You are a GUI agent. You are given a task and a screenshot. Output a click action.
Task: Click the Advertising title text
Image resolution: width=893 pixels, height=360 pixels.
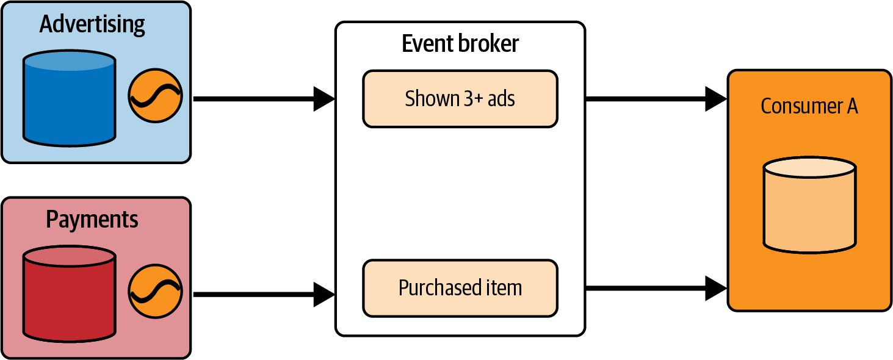click(92, 24)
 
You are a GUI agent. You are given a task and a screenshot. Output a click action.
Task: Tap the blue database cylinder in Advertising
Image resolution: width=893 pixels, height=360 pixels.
click(69, 99)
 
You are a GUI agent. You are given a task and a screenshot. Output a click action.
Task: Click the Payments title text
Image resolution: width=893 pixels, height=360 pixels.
click(92, 220)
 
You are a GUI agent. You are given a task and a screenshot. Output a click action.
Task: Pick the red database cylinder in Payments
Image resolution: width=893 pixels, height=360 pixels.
click(69, 295)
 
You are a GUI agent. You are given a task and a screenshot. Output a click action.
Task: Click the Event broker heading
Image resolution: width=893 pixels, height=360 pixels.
click(460, 44)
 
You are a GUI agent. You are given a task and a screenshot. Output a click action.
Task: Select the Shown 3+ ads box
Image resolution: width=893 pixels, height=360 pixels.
click(460, 99)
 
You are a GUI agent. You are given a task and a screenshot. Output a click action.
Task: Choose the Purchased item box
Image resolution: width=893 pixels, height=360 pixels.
click(460, 288)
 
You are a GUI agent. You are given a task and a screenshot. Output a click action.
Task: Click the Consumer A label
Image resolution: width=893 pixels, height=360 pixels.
click(809, 106)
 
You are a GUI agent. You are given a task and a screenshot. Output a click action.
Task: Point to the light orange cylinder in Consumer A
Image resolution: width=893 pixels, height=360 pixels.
click(809, 205)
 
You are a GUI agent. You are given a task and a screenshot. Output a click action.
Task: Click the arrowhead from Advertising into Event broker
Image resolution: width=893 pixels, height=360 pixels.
click(324, 99)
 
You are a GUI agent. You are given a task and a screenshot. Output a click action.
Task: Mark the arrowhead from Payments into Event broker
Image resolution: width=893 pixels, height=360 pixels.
click(324, 294)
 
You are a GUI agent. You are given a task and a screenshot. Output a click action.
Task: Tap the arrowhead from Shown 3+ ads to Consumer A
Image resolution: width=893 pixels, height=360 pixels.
click(715, 99)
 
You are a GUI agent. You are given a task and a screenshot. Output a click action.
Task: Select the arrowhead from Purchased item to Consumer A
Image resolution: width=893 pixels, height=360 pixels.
click(715, 288)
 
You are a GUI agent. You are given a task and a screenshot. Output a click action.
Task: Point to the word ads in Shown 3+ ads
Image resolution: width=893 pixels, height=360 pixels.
click(501, 99)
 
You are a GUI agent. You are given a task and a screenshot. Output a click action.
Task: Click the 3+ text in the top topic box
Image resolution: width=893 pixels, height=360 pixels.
click(472, 99)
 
